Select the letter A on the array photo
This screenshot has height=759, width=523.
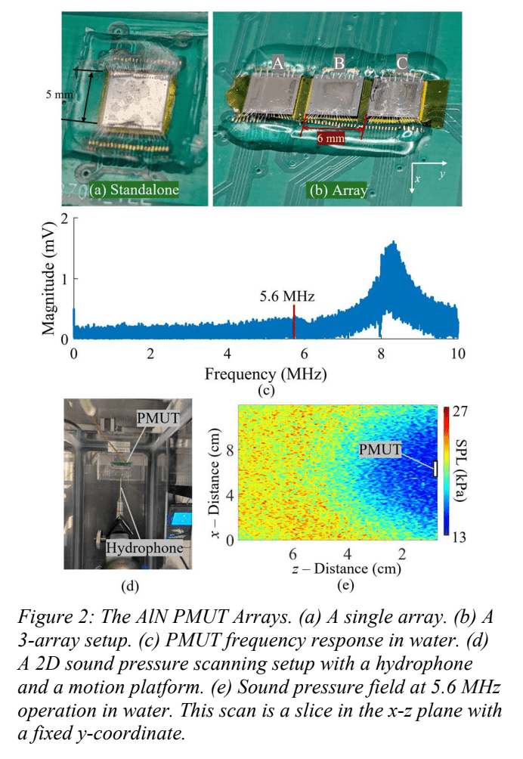277,65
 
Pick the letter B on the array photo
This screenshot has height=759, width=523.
339,65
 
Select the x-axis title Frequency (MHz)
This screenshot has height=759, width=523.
265,373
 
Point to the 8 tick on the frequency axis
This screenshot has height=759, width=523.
381,355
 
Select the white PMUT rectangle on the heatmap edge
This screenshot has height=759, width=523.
436,469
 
